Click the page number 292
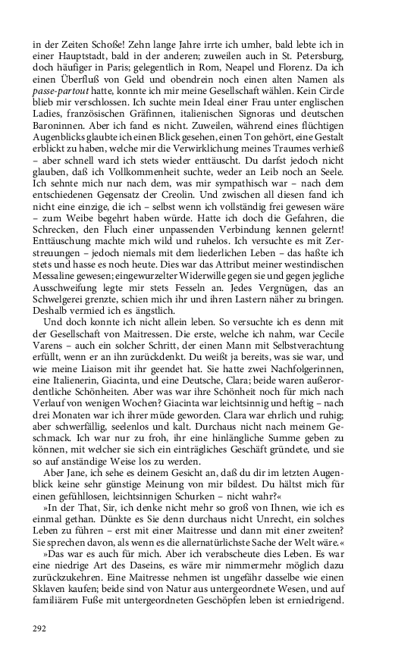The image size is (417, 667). [40, 628]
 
